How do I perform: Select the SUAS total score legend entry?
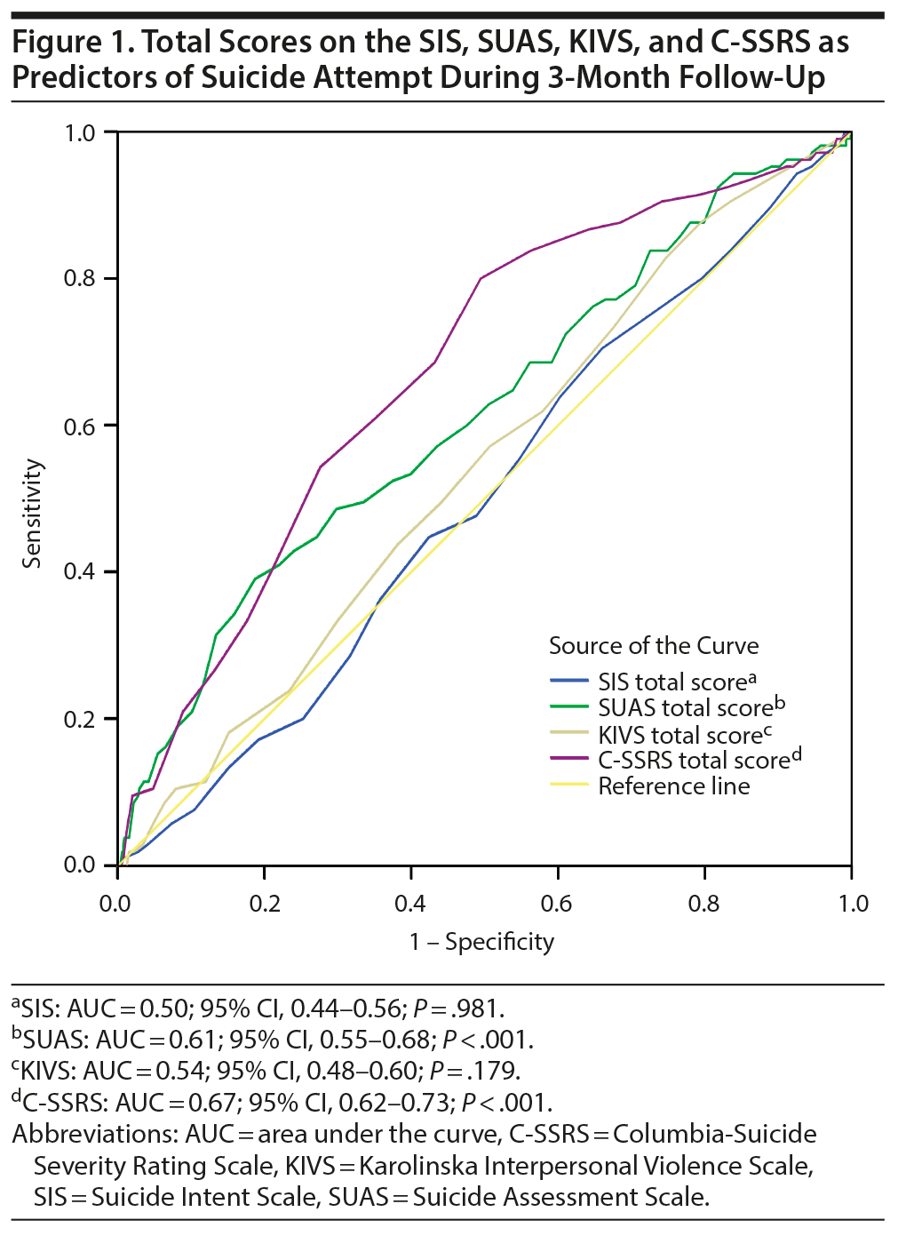click(x=685, y=708)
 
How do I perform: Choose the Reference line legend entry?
click(x=673, y=786)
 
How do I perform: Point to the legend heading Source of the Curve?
click(x=654, y=646)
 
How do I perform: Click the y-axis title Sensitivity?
click(x=33, y=514)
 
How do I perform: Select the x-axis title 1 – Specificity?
click(x=481, y=942)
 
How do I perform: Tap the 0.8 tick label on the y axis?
click(x=79, y=278)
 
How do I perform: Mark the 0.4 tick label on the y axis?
click(x=79, y=571)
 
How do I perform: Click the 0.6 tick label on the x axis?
click(x=556, y=904)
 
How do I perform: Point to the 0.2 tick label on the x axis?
click(x=264, y=904)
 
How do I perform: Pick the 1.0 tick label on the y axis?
click(x=79, y=132)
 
